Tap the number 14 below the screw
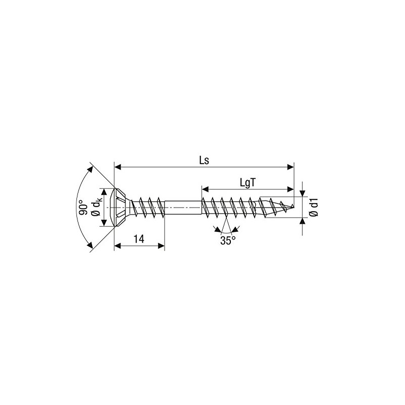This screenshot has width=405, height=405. tap(140, 239)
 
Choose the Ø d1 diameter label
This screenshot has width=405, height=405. tap(314, 207)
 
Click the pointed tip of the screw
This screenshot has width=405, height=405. tap(293, 206)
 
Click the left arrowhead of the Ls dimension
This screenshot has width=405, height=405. tap(117, 167)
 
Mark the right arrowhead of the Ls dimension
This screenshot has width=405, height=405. tap(291, 167)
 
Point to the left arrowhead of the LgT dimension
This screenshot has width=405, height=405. tap(205, 189)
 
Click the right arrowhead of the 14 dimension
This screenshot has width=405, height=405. tap(162, 246)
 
